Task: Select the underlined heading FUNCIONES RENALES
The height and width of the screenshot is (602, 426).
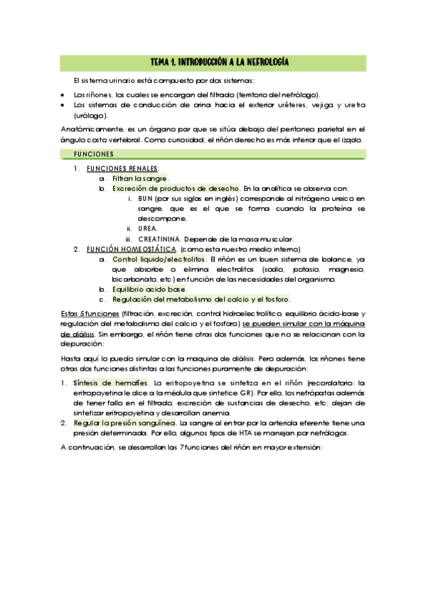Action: [x=122, y=169]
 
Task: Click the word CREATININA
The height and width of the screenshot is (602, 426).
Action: [x=165, y=239]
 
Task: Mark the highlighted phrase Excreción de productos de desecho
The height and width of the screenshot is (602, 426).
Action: [x=176, y=189]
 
